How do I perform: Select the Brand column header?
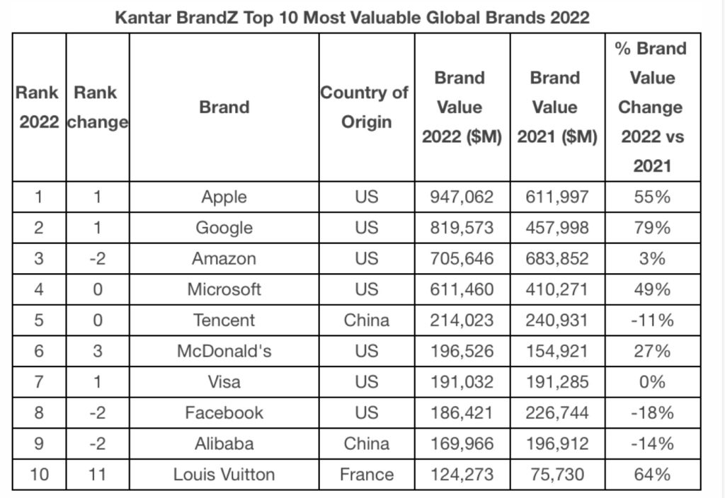(x=224, y=108)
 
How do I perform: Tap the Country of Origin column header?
(x=365, y=108)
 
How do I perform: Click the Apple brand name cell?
(x=224, y=197)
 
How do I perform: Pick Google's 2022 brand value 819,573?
(x=462, y=228)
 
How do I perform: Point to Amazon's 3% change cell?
(x=651, y=259)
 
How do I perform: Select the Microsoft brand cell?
(x=224, y=289)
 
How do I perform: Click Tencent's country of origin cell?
(x=366, y=320)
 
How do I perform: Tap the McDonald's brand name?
(x=224, y=352)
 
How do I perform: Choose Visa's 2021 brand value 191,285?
(x=556, y=382)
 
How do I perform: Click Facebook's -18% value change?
(x=651, y=413)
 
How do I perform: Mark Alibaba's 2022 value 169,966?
(x=462, y=444)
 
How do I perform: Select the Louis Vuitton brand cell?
(x=224, y=474)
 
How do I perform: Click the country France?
(x=366, y=474)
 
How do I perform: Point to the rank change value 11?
(x=98, y=474)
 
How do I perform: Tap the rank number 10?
(x=40, y=474)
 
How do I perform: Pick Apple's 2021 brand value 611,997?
(x=556, y=197)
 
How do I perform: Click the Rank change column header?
(x=97, y=108)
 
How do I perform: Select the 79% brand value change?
(x=651, y=228)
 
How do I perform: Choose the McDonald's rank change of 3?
(x=98, y=352)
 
